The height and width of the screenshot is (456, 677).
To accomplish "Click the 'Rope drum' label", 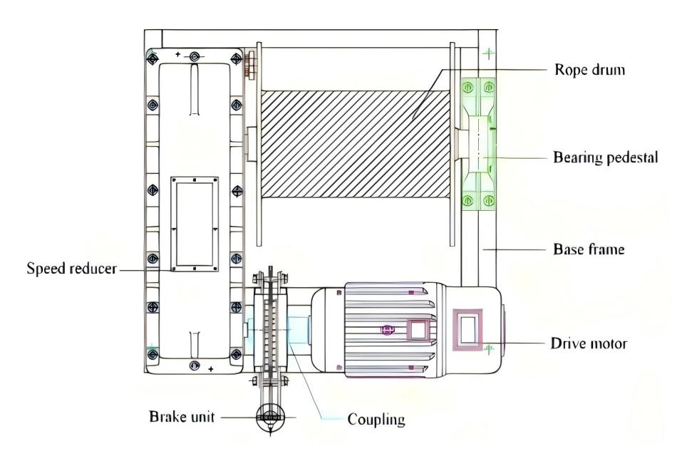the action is pyautogui.click(x=589, y=70).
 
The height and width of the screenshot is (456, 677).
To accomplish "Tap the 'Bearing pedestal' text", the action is pyautogui.click(x=605, y=157).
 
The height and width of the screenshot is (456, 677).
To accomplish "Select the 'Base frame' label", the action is pyautogui.click(x=589, y=249).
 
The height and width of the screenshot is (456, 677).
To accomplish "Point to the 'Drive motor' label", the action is pyautogui.click(x=589, y=343).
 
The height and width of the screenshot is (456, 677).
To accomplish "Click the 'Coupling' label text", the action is pyautogui.click(x=376, y=419).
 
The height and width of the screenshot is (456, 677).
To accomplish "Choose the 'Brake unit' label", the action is pyautogui.click(x=182, y=417).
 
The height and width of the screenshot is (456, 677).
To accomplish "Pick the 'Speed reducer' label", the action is pyautogui.click(x=72, y=268).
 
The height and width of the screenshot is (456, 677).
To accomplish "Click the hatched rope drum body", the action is pyautogui.click(x=356, y=144).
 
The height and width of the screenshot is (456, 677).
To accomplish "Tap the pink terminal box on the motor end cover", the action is pyautogui.click(x=467, y=329).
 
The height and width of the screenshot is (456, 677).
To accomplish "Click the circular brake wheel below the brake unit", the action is pyautogui.click(x=270, y=417).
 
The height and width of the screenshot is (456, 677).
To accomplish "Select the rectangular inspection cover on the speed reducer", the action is pyautogui.click(x=195, y=224).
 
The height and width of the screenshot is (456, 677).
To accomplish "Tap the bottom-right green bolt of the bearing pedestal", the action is pyautogui.click(x=488, y=200).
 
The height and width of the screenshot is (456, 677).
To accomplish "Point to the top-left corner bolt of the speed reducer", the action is pyautogui.click(x=153, y=58).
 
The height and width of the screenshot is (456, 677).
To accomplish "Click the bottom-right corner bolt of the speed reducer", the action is pyautogui.click(x=236, y=355).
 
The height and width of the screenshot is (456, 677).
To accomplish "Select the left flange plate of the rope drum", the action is pyautogui.click(x=259, y=144).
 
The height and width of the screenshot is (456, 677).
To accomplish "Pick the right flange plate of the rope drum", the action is pyautogui.click(x=453, y=144).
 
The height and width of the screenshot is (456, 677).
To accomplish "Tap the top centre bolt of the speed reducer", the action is pyautogui.click(x=195, y=56).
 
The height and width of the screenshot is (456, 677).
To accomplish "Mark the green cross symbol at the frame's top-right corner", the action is pyautogui.click(x=488, y=53).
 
